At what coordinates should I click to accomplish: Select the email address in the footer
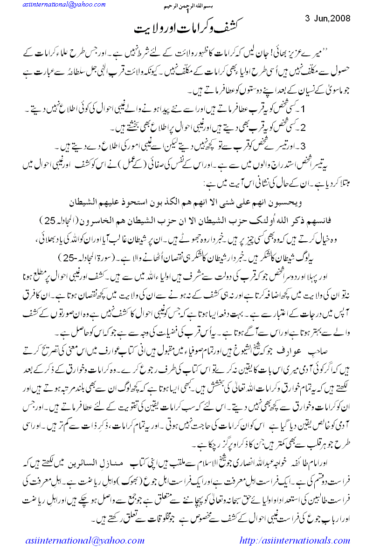[84, 541]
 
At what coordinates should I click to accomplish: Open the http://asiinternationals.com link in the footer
[294, 541]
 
